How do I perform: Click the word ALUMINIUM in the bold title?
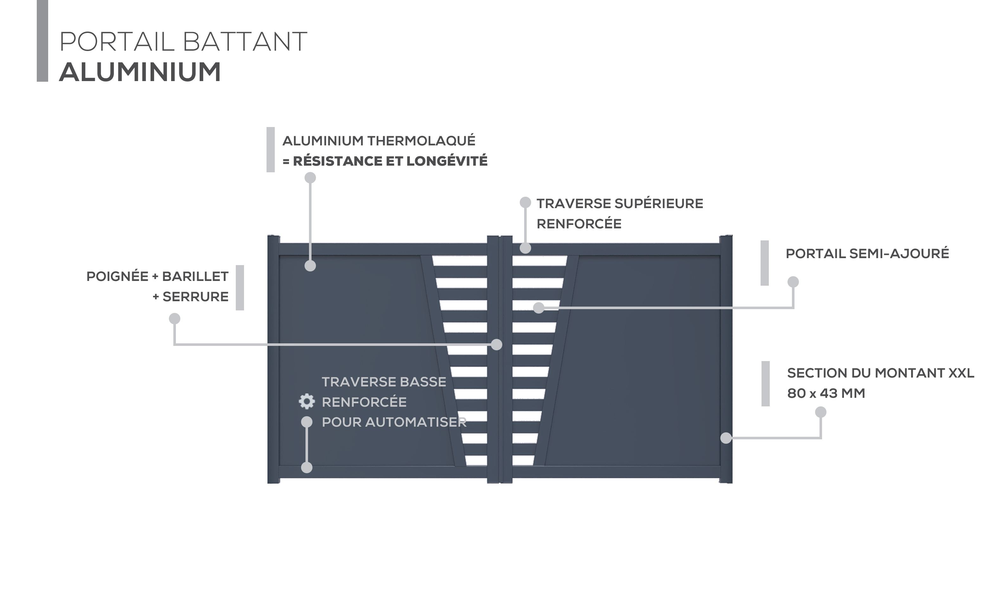tap(140, 72)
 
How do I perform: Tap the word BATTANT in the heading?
tap(245, 41)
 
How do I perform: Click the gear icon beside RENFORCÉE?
tap(306, 401)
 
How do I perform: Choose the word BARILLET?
tap(195, 277)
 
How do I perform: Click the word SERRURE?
tap(196, 296)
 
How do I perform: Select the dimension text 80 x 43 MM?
tap(826, 393)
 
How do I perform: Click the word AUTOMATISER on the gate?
tap(416, 422)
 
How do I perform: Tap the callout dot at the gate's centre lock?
tap(497, 345)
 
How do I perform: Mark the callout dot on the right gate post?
tap(726, 438)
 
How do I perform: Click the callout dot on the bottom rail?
tap(307, 468)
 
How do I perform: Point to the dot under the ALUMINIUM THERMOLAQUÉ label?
tap(310, 178)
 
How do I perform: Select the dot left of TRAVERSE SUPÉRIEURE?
tap(525, 202)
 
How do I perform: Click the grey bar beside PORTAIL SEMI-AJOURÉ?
tap(764, 263)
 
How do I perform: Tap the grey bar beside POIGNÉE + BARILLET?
tap(240, 288)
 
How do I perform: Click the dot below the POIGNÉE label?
tap(175, 319)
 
